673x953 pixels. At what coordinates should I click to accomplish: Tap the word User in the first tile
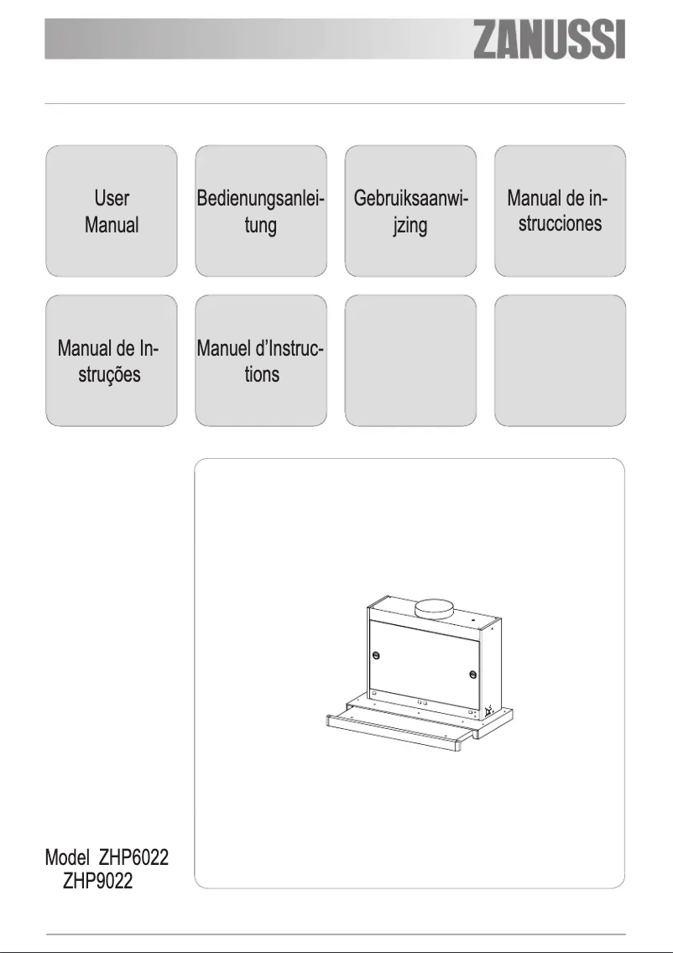tap(111, 199)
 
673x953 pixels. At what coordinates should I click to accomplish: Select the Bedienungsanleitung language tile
tap(261, 211)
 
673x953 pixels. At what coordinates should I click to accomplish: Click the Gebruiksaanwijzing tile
tap(410, 211)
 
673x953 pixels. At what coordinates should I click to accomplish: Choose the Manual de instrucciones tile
tap(560, 211)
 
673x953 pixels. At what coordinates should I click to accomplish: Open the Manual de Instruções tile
tap(111, 360)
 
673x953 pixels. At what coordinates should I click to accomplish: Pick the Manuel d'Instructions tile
tap(261, 360)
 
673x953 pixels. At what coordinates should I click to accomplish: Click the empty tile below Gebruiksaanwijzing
tap(410, 360)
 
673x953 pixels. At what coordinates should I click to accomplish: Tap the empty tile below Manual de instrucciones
tap(560, 360)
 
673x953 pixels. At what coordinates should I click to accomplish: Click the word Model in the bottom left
tap(67, 858)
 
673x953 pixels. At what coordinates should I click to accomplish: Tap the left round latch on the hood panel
tap(376, 655)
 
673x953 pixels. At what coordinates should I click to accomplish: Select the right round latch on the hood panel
tap(474, 674)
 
